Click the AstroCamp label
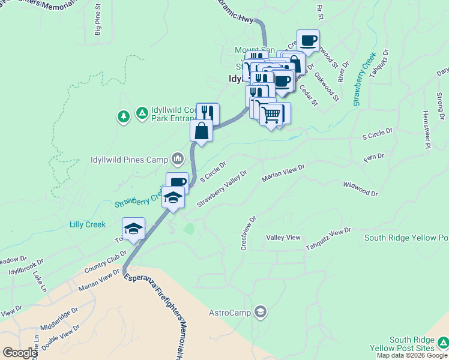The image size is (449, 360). [x=230, y=313]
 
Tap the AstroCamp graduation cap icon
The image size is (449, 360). [x=260, y=311]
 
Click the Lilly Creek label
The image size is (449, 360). [x=87, y=225]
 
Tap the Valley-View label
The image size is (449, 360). [x=283, y=238]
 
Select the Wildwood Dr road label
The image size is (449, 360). [x=360, y=190]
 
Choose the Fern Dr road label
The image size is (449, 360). [x=373, y=158]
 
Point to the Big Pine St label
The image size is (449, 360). [x=97, y=28]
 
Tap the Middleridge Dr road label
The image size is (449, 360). [x=59, y=320]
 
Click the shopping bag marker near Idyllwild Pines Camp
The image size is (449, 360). [x=201, y=131]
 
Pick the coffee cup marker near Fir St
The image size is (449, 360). [x=308, y=41]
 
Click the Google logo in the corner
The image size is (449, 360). [x=20, y=353]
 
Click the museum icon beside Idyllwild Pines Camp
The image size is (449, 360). [x=177, y=159]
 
